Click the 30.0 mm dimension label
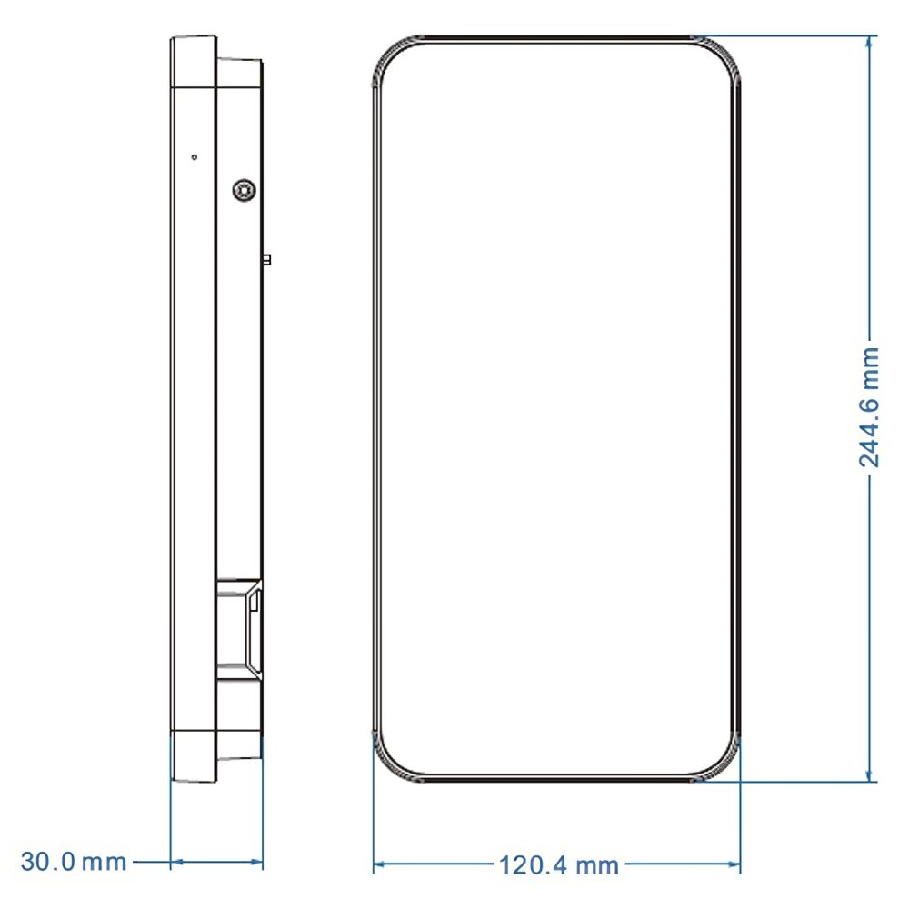click(x=74, y=862)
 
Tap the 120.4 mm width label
click(x=558, y=865)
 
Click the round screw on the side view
click(x=244, y=190)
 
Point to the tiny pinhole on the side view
click(x=195, y=156)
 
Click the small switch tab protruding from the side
click(x=266, y=259)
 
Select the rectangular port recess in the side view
click(x=239, y=628)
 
